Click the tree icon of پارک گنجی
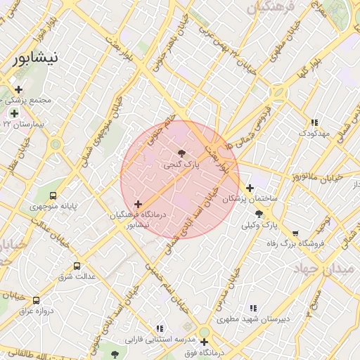(x=182, y=152)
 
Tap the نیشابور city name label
(x=37, y=59)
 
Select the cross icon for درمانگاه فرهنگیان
(x=138, y=204)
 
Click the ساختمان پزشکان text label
(x=250, y=200)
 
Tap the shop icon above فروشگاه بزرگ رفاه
(x=295, y=233)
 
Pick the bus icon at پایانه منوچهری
(x=54, y=196)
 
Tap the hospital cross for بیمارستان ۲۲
(x=14, y=113)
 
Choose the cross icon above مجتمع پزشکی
(x=18, y=89)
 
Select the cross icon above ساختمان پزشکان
(x=250, y=188)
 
